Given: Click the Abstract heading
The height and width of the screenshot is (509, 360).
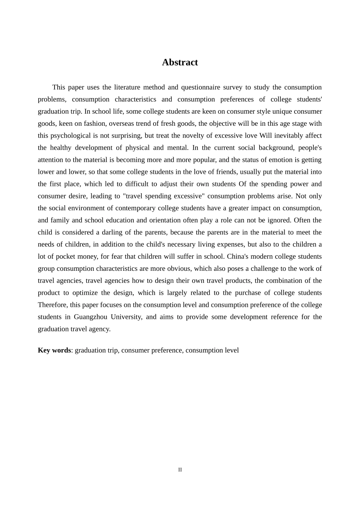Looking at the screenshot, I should click(x=180, y=62).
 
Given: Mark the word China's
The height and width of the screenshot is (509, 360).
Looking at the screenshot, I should click(x=237, y=256).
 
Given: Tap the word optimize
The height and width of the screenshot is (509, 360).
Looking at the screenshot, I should click(x=84, y=293).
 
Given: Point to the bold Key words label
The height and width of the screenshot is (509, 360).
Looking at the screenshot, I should click(x=54, y=350).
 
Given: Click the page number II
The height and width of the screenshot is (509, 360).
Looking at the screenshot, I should click(x=180, y=470).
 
